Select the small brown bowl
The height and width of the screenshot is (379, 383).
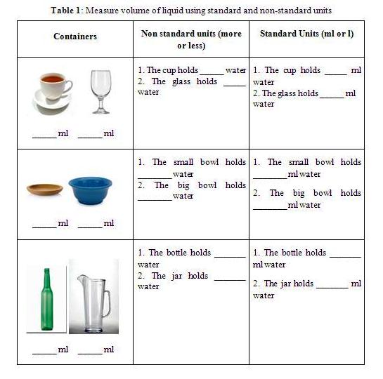tap(44, 188)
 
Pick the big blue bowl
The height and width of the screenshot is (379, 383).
tap(90, 188)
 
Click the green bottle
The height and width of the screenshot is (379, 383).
tap(47, 302)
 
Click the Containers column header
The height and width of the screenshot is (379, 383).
tap(75, 36)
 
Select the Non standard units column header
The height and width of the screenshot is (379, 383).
tap(191, 39)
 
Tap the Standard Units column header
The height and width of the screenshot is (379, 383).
tap(306, 34)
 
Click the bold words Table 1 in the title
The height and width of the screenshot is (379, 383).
tap(69, 11)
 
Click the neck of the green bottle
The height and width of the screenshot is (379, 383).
tap(47, 278)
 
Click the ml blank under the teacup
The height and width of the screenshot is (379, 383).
tap(45, 133)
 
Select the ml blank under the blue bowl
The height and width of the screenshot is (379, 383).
tap(90, 223)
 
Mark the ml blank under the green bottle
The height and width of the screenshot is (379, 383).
tap(45, 350)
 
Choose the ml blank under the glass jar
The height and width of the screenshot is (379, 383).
tap(90, 350)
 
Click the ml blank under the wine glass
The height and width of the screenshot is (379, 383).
tap(90, 133)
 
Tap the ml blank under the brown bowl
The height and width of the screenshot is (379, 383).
tap(45, 223)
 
